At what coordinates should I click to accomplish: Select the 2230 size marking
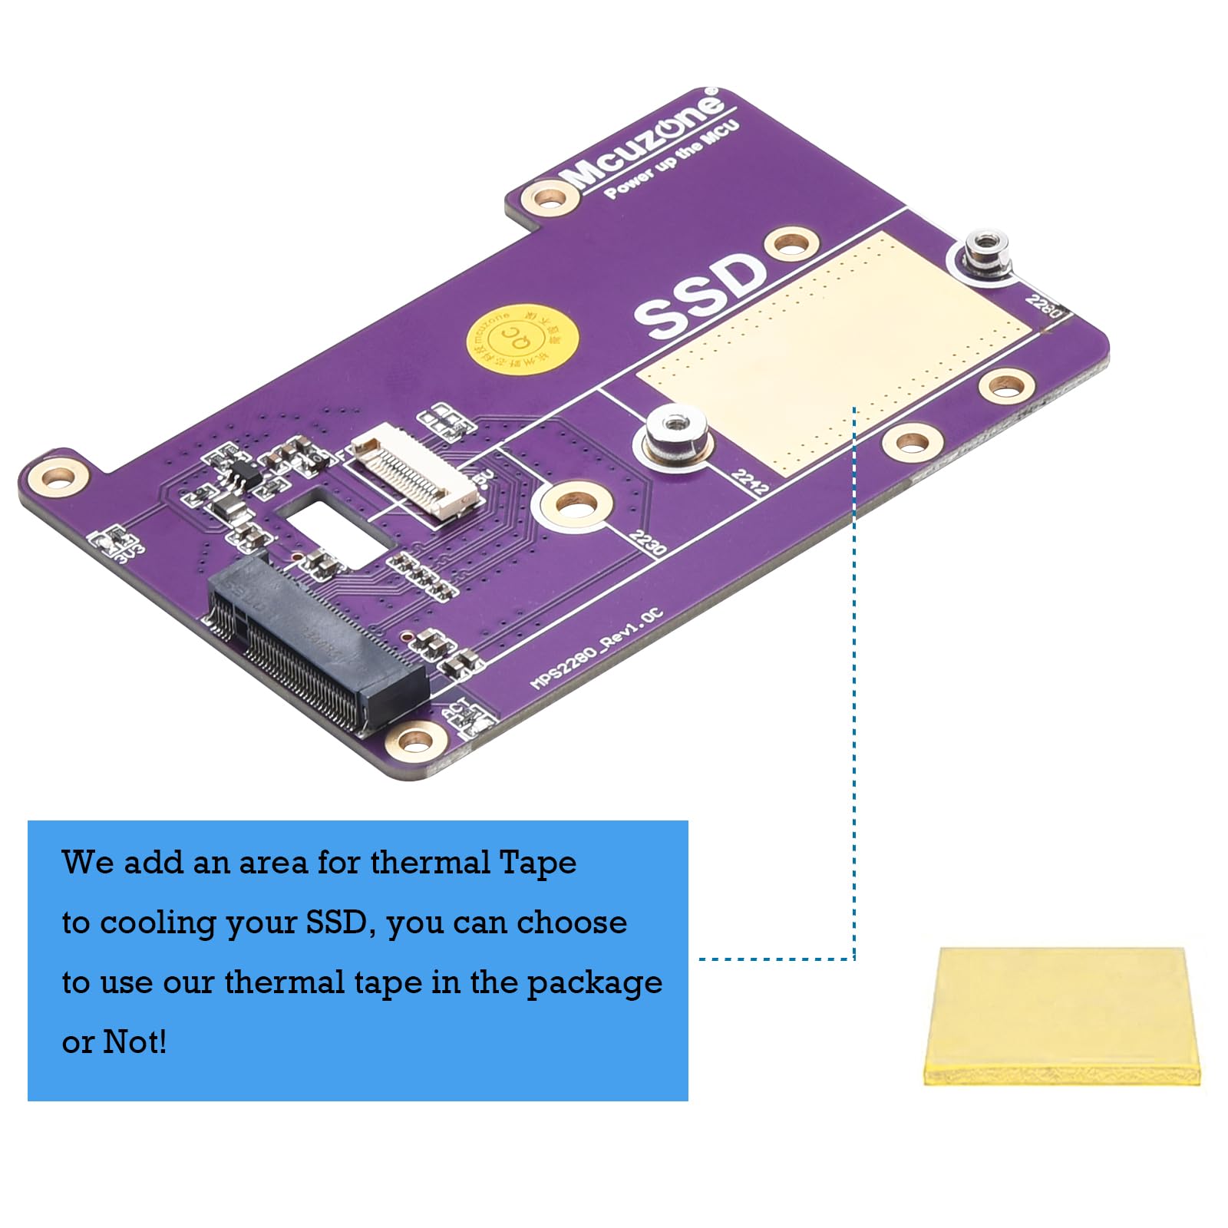647,543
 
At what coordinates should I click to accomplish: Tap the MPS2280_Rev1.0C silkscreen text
596,649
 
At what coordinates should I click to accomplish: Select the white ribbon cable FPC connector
416,475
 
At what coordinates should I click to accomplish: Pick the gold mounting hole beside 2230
576,505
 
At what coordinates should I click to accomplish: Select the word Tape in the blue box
537,863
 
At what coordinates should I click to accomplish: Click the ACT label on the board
456,708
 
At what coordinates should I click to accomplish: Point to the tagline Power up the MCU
672,160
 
